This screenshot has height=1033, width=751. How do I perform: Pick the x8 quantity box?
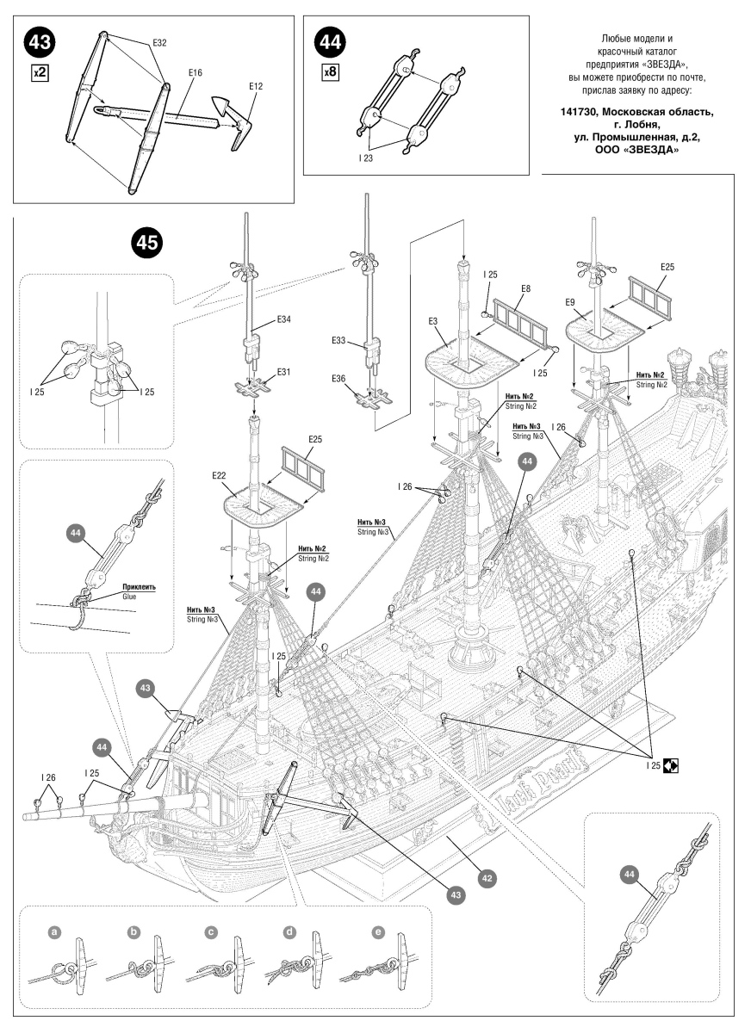[329, 73]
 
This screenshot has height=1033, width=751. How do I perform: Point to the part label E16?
[195, 75]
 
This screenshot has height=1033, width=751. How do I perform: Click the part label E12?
[255, 86]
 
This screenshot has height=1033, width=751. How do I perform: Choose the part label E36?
[341, 380]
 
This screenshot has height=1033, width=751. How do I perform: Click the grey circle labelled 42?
[487, 878]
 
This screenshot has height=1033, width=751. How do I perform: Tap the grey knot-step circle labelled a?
[54, 932]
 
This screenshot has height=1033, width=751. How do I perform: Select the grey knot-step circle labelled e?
[376, 932]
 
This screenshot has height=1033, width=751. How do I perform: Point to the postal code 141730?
[580, 112]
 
